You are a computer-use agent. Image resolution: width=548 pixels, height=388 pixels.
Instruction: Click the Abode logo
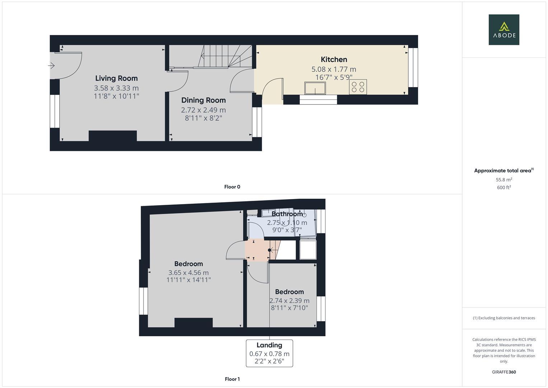pos(504,29)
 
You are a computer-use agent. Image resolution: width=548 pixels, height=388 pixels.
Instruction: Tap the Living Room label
pos(116,78)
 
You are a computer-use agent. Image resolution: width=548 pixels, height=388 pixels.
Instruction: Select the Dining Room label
pos(203,100)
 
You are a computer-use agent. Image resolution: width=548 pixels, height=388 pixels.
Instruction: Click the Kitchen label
pos(334,60)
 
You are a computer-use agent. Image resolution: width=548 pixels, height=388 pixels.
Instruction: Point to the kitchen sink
pos(315,88)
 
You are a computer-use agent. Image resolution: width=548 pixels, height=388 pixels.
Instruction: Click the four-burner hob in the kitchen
pos(358,87)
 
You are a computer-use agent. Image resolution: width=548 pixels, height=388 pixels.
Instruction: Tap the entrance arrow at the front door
pos(51,66)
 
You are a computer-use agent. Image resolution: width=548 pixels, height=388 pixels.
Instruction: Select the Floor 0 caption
pos(232,187)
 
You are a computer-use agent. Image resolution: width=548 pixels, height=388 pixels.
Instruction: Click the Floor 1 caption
pos(232,379)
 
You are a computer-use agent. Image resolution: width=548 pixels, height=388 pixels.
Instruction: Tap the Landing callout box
pos(269,353)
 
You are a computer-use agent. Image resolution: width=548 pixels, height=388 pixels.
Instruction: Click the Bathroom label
pos(287,214)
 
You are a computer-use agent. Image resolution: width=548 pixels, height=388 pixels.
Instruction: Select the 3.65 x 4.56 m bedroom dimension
pos(188,273)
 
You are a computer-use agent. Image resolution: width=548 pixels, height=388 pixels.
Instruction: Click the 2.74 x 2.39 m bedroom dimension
pos(289,301)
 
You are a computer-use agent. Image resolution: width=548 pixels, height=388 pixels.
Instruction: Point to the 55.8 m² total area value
pos(504,180)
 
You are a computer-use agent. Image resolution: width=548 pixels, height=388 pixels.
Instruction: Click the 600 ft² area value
pos(504,188)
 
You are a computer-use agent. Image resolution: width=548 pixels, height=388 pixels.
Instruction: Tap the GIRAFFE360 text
pos(504,372)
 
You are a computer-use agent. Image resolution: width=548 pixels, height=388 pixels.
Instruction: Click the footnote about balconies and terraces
pos(504,318)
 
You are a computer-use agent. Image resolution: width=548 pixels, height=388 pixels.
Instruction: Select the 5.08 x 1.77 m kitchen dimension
pos(334,69)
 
